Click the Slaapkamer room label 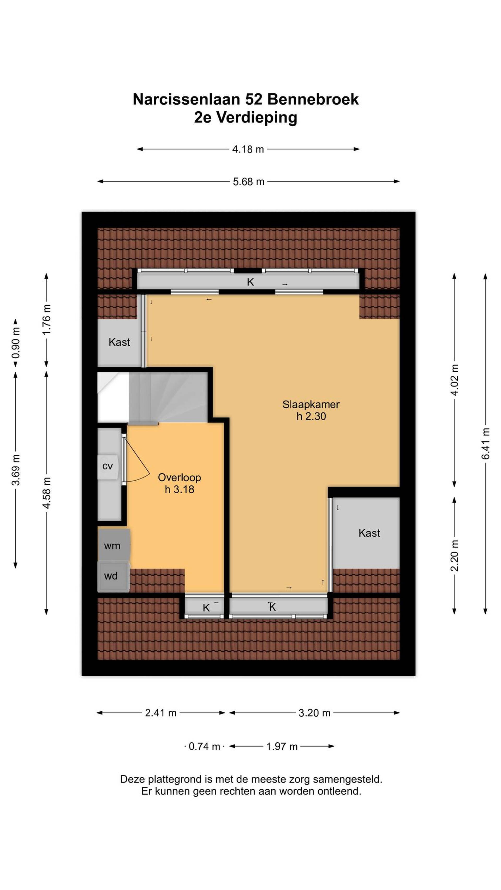(x=311, y=404)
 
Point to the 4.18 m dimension (x=248, y=149)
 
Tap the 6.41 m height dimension (x=485, y=444)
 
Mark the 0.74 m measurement (x=204, y=747)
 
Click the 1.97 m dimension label (x=282, y=747)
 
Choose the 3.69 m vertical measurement (x=16, y=470)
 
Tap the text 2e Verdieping (x=246, y=117)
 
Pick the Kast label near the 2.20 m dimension (x=369, y=533)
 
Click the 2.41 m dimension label (x=161, y=713)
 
